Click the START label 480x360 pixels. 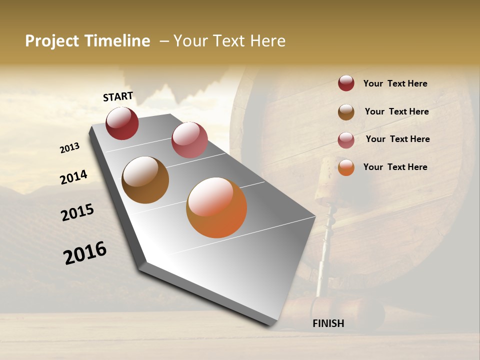point(118,96)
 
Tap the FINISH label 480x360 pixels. point(328,323)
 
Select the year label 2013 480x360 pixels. point(69,148)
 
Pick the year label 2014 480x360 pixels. point(73,177)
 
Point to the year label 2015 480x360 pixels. point(77,212)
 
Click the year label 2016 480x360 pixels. point(85,253)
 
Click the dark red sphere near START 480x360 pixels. point(122,123)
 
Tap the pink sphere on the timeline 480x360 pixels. point(189,140)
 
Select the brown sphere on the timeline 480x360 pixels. point(145,180)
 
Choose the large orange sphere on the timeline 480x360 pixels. point(216,207)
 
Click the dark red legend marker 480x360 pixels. point(346,83)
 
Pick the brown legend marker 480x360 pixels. point(346,112)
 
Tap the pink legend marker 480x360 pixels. point(346,140)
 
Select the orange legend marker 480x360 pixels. point(346,167)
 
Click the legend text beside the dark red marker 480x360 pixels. point(395,84)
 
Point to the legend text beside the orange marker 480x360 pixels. point(395,167)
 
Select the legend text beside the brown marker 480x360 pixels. point(396,111)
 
